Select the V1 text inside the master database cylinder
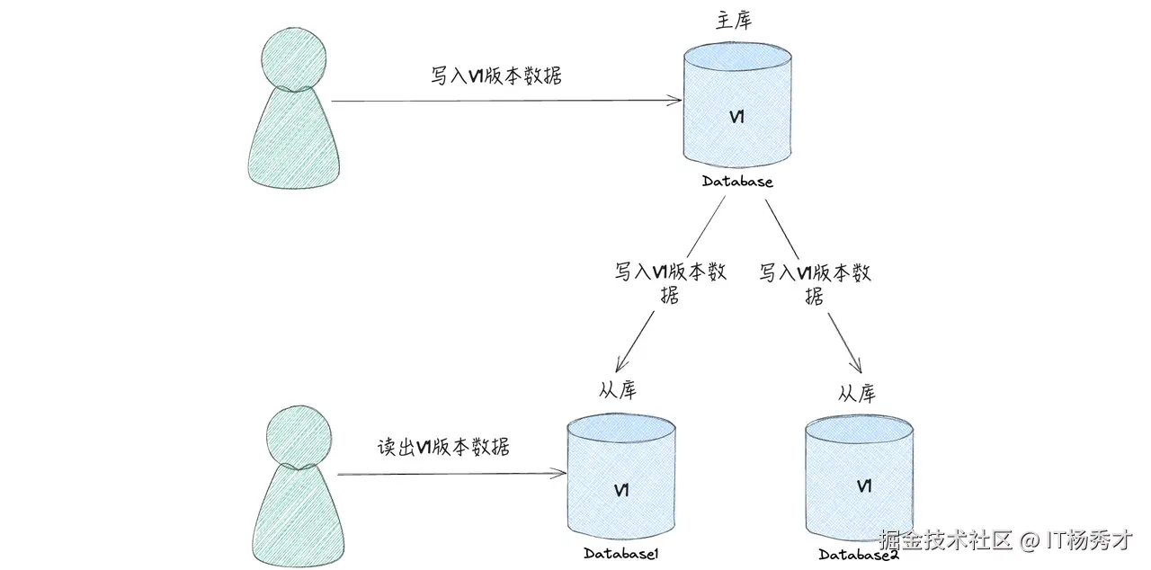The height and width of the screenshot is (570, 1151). coord(736,118)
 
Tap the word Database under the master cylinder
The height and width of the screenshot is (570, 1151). coord(737,183)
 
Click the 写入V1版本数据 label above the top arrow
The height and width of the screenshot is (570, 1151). coord(496,76)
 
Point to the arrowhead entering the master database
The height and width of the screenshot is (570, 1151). coord(676,101)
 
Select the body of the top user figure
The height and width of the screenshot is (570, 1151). coord(294,139)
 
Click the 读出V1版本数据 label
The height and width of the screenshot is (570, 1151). coord(443,447)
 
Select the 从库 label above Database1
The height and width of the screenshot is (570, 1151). coord(617,389)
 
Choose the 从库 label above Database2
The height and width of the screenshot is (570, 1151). coord(856,394)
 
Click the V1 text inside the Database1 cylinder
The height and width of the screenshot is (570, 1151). coord(620,490)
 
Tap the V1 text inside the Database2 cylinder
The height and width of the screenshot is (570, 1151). coord(864,486)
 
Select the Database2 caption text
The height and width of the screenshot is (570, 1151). coord(859,555)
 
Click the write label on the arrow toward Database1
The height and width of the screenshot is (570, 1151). coord(671,283)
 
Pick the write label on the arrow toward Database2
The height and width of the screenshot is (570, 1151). coord(816,283)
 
